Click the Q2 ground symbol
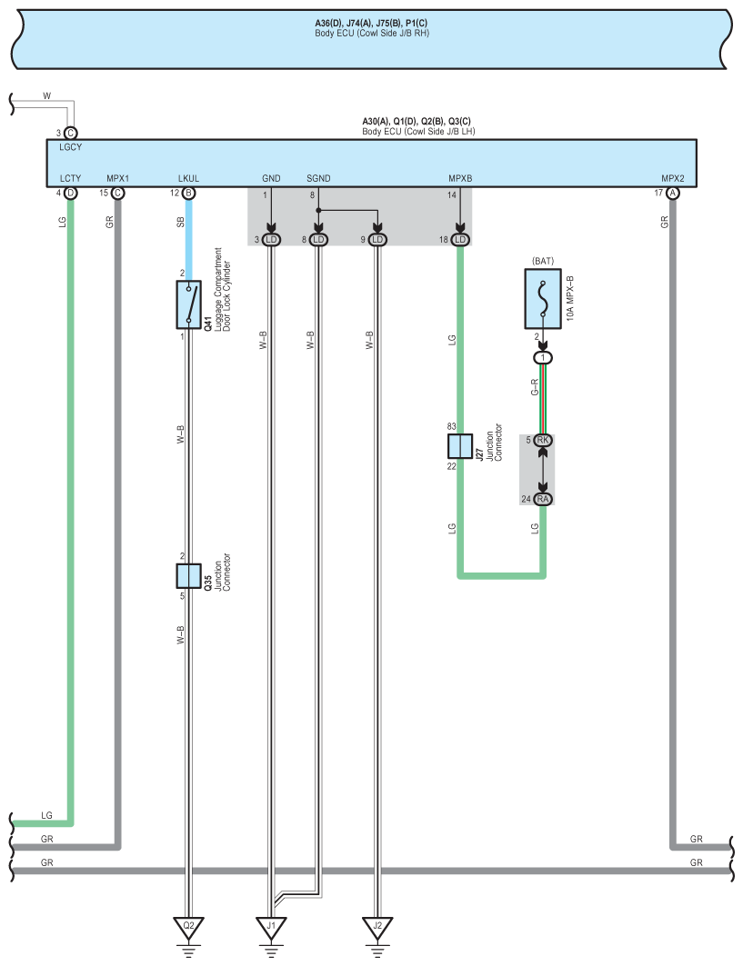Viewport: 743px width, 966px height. click(189, 928)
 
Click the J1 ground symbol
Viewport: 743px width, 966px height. click(270, 928)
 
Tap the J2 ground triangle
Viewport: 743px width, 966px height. click(376, 928)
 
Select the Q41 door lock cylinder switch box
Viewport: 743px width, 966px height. click(188, 304)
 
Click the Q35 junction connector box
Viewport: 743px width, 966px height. click(188, 575)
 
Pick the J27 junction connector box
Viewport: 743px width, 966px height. click(460, 445)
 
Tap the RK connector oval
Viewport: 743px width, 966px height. click(544, 441)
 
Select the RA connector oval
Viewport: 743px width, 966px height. click(544, 498)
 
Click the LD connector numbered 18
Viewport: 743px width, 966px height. click(460, 239)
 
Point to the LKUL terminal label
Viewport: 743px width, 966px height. click(188, 179)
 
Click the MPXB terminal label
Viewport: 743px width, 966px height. click(460, 179)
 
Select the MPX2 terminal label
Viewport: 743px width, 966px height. click(673, 179)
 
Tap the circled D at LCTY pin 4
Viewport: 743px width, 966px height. click(70, 193)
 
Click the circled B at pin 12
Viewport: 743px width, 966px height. click(188, 193)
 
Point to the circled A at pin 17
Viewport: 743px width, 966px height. click(673, 193)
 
